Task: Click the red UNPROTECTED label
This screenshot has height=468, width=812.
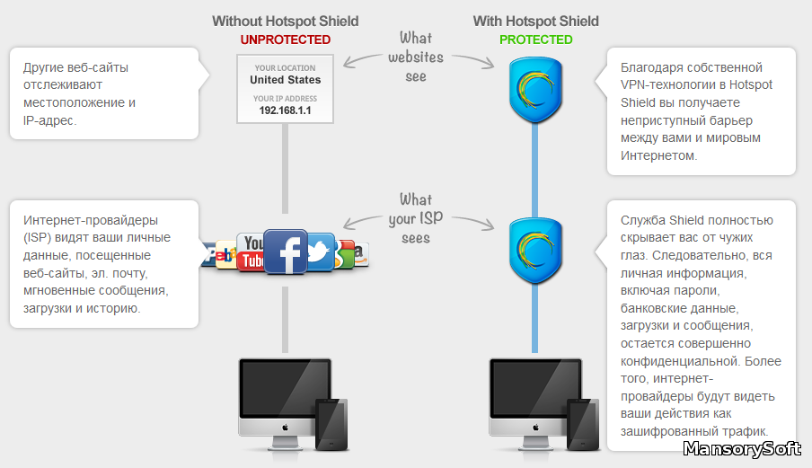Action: pyautogui.click(x=285, y=40)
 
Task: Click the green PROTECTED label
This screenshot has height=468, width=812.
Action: pyautogui.click(x=535, y=40)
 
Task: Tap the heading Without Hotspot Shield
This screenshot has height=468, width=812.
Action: pyautogui.click(x=285, y=21)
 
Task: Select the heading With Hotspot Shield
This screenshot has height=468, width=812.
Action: pyautogui.click(x=536, y=21)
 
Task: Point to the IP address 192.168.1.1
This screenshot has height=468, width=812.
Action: pyautogui.click(x=285, y=110)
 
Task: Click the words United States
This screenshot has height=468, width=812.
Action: pyautogui.click(x=285, y=80)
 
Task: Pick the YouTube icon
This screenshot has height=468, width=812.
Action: pyautogui.click(x=252, y=252)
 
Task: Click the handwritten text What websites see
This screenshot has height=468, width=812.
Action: pyautogui.click(x=416, y=57)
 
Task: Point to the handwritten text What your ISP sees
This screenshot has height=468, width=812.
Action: pyautogui.click(x=416, y=218)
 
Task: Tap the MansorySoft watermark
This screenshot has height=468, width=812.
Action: pyautogui.click(x=744, y=449)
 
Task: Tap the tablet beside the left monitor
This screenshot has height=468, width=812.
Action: pyautogui.click(x=331, y=424)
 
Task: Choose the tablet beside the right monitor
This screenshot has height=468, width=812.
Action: pyautogui.click(x=583, y=424)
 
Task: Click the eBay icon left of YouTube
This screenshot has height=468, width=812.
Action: pyautogui.click(x=221, y=255)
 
